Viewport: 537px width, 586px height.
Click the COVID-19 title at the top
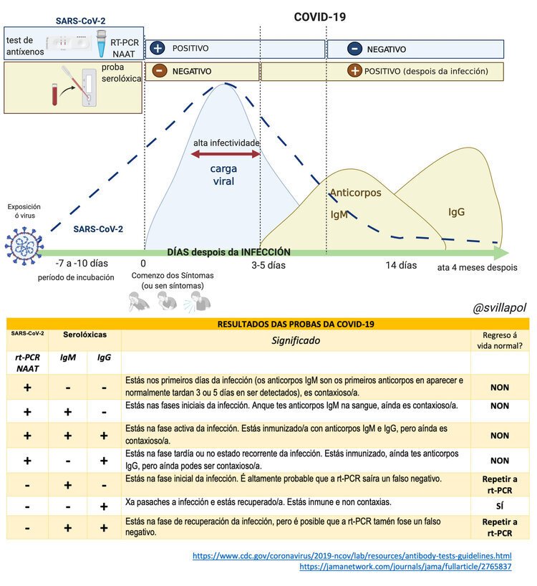click(320, 16)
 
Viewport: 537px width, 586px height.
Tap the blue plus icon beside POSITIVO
click(158, 49)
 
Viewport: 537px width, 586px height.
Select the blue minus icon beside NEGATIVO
click(354, 49)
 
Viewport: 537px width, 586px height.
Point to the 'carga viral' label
click(223, 175)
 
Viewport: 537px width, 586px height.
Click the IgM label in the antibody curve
click(339, 213)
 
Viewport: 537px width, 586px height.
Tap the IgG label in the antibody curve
click(457, 212)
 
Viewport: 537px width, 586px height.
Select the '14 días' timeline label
click(401, 265)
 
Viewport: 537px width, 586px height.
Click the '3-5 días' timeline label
click(268, 265)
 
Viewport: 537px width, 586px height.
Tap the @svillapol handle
click(500, 307)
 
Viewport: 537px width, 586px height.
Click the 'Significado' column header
click(294, 340)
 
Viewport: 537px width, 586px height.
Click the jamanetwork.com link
click(405, 567)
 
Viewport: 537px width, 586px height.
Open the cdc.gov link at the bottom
click(353, 555)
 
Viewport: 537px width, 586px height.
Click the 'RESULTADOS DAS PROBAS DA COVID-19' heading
click(294, 324)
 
